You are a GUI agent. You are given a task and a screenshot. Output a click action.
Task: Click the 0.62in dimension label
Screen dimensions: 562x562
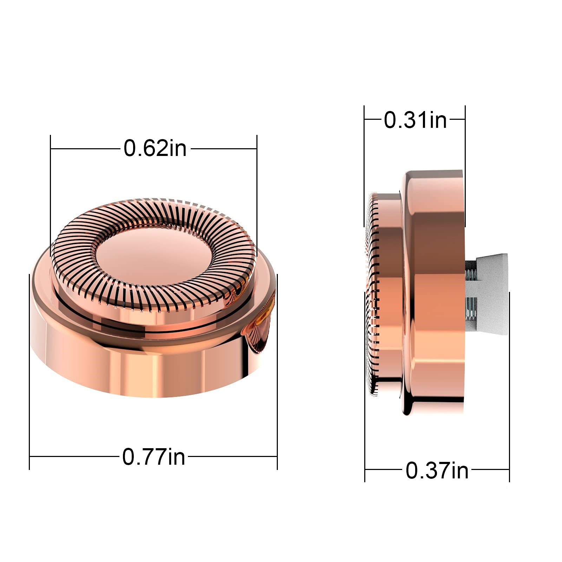coord(155,148)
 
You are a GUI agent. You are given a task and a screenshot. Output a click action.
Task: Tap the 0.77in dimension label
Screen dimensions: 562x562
coord(153,457)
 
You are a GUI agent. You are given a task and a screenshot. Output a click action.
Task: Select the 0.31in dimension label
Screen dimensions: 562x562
coord(415,120)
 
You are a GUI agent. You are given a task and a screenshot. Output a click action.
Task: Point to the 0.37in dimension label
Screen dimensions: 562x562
coord(437,471)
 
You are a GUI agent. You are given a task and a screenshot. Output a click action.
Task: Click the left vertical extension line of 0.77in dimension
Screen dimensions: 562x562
coord(30,372)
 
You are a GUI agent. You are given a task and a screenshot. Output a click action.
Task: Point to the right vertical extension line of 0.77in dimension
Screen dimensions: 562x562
coord(277,372)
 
